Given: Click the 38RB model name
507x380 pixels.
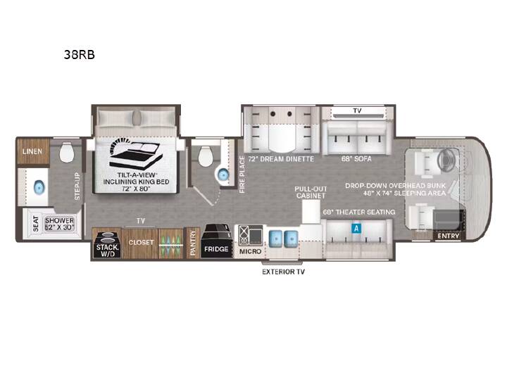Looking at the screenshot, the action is pyautogui.click(x=79, y=55).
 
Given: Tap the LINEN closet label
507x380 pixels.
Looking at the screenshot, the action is pyautogui.click(x=32, y=151).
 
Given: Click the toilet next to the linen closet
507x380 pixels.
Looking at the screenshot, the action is pyautogui.click(x=67, y=153).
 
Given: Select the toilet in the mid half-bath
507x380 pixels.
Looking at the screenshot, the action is pyautogui.click(x=206, y=156).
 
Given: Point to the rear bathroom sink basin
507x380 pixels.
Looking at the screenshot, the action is pyautogui.click(x=39, y=187).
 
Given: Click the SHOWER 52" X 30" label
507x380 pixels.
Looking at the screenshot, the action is pyautogui.click(x=59, y=224).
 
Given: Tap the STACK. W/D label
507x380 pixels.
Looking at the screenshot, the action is pyautogui.click(x=107, y=251).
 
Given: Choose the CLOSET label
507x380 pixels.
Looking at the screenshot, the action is pyautogui.click(x=141, y=242).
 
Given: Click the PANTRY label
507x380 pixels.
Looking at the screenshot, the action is pyautogui.click(x=193, y=243).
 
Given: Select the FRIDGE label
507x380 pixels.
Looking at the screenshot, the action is pyautogui.click(x=216, y=249).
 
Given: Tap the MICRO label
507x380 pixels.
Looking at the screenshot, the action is pyautogui.click(x=250, y=251).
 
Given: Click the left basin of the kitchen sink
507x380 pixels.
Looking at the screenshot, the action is pyautogui.click(x=276, y=239).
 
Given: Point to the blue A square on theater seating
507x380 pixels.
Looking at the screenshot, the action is pyautogui.click(x=356, y=229).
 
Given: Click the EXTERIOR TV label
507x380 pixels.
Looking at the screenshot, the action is pyautogui.click(x=283, y=272).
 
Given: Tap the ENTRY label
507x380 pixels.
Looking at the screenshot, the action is pyautogui.click(x=449, y=236).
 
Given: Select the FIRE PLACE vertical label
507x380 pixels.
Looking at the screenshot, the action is pyautogui.click(x=242, y=175).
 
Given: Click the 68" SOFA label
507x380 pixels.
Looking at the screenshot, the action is pyautogui.click(x=356, y=158).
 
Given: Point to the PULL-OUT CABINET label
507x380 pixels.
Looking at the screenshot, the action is pyautogui.click(x=311, y=192).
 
